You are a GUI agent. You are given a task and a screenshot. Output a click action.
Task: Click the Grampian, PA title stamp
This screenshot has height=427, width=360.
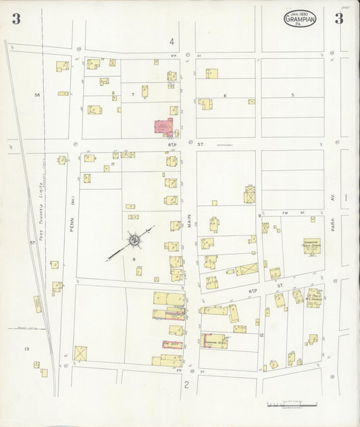(x=299, y=18)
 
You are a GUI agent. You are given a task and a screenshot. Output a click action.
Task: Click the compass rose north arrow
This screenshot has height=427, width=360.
(x=134, y=240)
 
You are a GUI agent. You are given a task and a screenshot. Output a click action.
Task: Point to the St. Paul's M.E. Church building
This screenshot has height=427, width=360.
(x=313, y=297)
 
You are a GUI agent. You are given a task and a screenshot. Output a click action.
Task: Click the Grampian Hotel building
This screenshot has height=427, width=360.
(x=214, y=342)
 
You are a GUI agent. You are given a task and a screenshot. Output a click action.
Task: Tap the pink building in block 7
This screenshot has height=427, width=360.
(x=164, y=127)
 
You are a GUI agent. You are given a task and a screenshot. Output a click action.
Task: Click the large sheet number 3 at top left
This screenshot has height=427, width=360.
(x=16, y=19)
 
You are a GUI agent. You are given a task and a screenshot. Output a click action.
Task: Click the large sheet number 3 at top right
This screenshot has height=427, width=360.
(x=338, y=19)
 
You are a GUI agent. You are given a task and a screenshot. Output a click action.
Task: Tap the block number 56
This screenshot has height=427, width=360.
(x=37, y=95)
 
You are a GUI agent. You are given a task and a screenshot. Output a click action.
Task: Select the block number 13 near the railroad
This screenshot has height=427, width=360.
(x=26, y=349)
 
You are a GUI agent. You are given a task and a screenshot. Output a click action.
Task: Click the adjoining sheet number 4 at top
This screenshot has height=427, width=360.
(x=172, y=42)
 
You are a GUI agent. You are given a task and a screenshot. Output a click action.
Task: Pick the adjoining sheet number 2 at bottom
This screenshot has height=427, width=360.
(x=185, y=385)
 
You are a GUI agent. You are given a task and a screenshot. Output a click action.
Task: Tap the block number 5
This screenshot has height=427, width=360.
(x=292, y=95)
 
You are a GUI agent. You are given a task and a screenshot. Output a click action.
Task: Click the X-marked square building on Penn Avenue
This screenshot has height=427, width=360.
(x=80, y=353)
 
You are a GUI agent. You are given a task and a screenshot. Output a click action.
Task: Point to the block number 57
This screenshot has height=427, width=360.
(x=32, y=242)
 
